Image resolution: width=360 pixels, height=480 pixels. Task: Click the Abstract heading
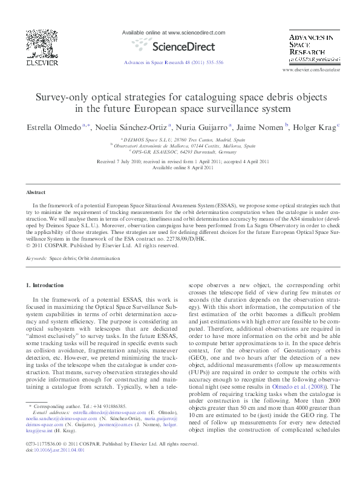[x=36, y=192]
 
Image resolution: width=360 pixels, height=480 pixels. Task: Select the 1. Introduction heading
[x=47, y=285]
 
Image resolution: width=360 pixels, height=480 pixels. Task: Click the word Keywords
[x=36, y=258]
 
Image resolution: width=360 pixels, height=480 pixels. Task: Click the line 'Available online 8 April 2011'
[x=180, y=167]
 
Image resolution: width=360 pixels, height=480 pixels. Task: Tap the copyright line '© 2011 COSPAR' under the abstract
[x=103, y=245]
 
